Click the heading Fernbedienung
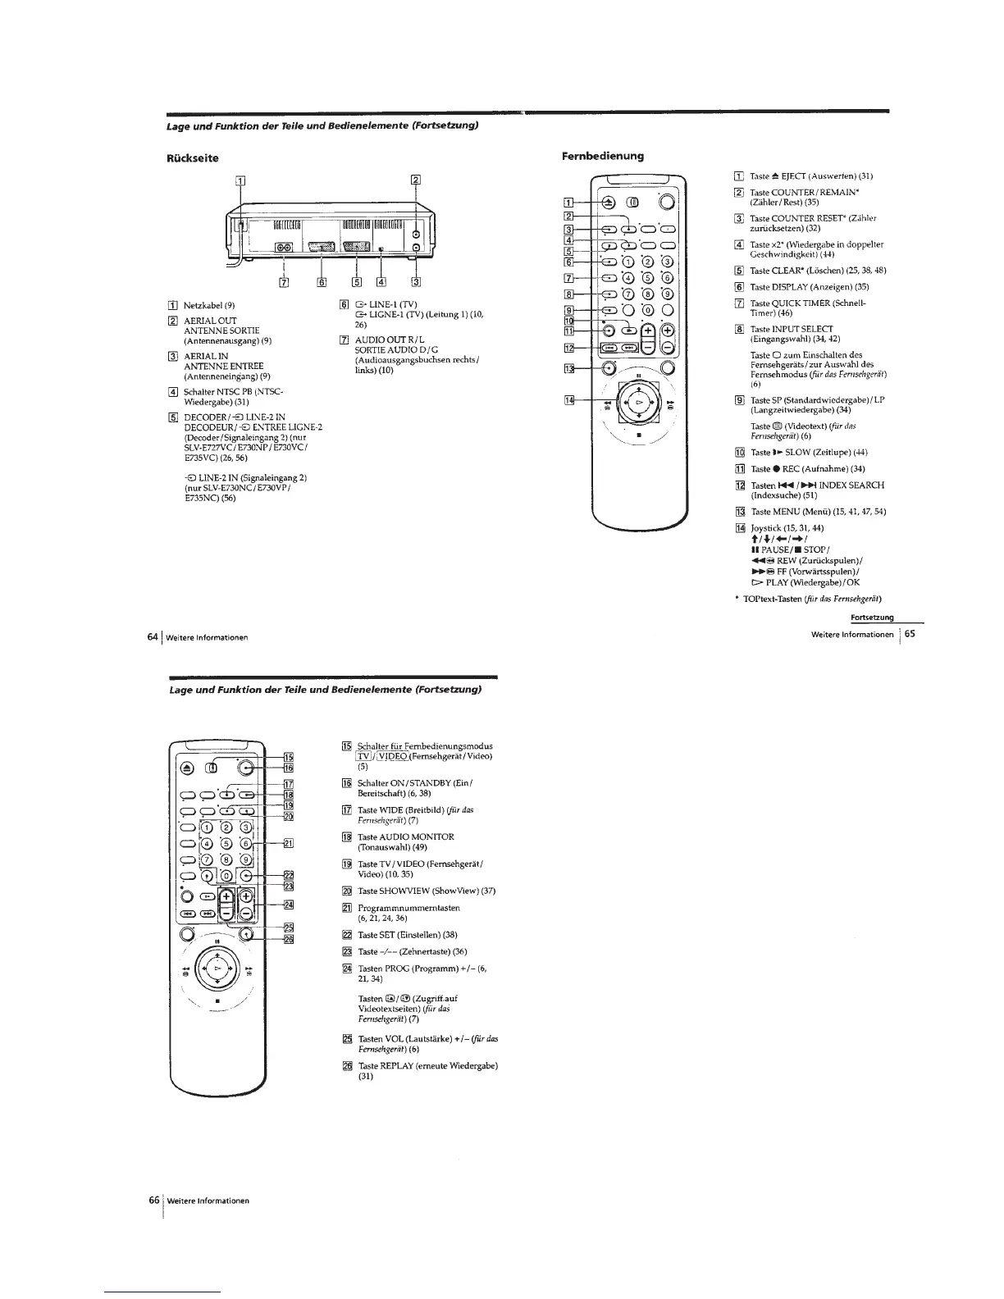[603, 155]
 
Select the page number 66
[153, 1200]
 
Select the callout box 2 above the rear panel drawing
[415, 181]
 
